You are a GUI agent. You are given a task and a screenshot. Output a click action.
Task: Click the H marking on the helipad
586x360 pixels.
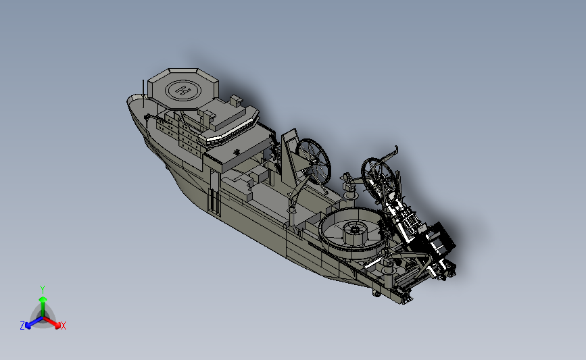[x=183, y=91]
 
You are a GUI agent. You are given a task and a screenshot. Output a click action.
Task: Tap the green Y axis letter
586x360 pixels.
[x=43, y=290]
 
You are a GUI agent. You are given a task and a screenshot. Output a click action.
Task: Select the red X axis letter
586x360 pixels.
[x=64, y=326]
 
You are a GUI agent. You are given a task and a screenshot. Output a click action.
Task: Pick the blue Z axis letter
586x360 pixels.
[x=22, y=326]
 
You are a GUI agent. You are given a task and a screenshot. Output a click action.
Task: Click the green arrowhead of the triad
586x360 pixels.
[x=43, y=299]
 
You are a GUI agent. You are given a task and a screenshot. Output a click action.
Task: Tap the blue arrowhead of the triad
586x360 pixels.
[x=28, y=326]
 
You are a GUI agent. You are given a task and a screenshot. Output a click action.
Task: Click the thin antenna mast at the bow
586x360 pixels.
[x=143, y=93]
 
